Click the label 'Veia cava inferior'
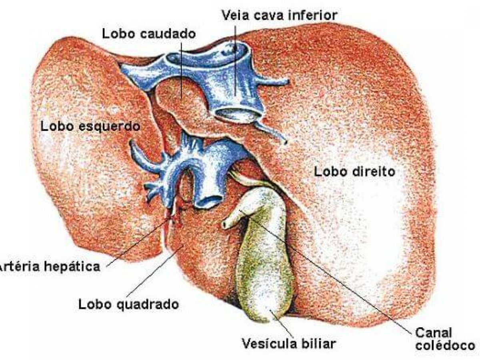click(x=280, y=15)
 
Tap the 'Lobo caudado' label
click(x=149, y=34)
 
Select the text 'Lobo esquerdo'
click(x=90, y=126)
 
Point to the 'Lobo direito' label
click(x=354, y=172)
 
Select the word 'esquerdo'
click(x=109, y=127)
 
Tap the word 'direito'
click(x=374, y=172)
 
